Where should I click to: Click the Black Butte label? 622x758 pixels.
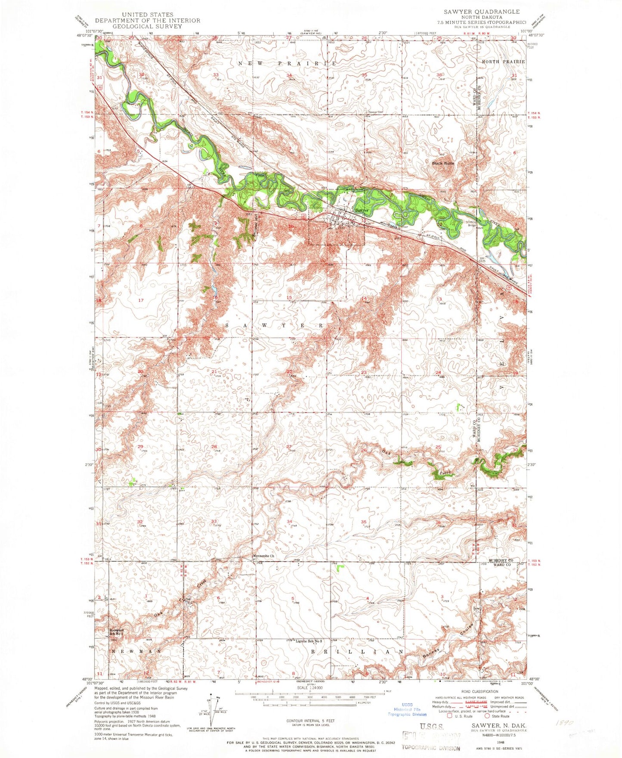[x=443, y=164]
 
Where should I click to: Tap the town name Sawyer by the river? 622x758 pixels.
[x=362, y=210]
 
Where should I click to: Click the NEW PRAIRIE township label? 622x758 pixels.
[x=287, y=64]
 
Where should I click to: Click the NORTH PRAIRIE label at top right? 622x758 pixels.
[x=503, y=62]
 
